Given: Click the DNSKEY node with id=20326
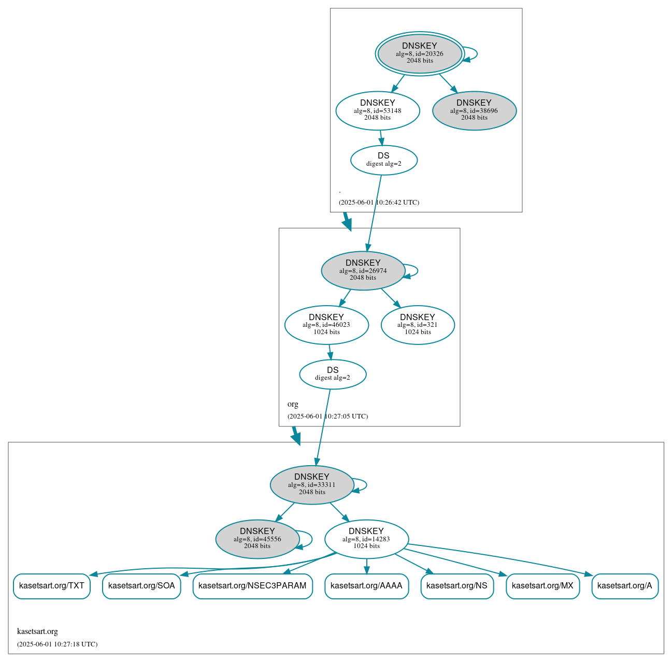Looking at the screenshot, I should click(x=420, y=53).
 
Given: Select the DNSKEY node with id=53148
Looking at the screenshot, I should click(x=378, y=110).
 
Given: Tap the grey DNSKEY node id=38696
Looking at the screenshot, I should click(x=474, y=110).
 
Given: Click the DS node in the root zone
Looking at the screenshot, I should click(x=384, y=160).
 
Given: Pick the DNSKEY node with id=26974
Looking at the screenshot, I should click(x=363, y=270).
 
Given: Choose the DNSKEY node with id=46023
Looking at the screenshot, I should click(x=326, y=325).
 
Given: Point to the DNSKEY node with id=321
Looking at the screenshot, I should click(x=418, y=325).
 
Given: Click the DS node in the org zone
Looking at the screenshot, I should click(x=333, y=374).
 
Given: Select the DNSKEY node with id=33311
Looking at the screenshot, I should click(x=312, y=485).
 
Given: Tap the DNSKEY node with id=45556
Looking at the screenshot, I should click(x=258, y=539).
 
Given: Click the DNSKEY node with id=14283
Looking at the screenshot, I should click(x=366, y=539).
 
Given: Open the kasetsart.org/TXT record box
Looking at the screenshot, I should click(x=52, y=586).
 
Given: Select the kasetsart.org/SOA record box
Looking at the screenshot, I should click(x=141, y=586).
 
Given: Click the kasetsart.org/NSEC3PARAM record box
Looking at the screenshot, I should click(x=252, y=586).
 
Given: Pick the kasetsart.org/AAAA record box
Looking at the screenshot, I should click(x=366, y=586).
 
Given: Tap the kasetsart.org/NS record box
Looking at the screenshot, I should click(x=457, y=586).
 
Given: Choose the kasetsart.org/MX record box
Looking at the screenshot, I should click(x=542, y=586).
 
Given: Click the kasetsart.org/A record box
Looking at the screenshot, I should click(x=625, y=586).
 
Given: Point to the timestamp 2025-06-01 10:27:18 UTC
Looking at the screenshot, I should click(x=57, y=644).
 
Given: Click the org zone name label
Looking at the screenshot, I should click(x=293, y=404).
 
